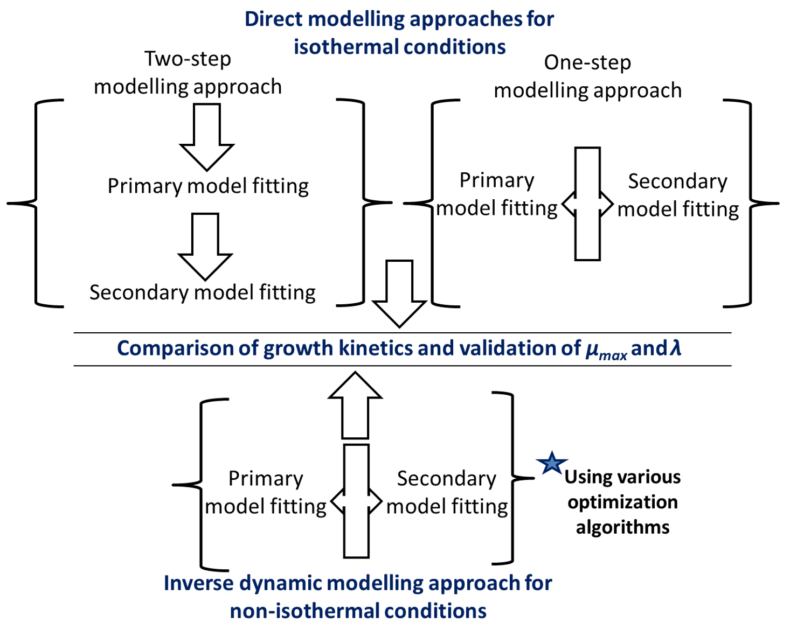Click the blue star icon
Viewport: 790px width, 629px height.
(552, 463)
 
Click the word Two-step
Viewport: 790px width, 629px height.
(188, 59)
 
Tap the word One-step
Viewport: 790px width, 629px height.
(587, 63)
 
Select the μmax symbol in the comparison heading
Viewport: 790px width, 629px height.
(606, 350)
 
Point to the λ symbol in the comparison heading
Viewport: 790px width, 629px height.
(675, 347)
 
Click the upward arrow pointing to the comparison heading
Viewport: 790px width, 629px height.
(355, 405)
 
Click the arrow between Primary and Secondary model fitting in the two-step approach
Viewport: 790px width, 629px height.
(205, 247)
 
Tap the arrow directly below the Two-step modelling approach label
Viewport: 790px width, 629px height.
(207, 137)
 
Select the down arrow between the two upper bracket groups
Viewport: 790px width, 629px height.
(399, 293)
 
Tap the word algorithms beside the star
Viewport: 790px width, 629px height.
(622, 528)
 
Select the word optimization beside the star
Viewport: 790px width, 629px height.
(622, 502)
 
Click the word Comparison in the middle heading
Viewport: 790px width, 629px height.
(175, 348)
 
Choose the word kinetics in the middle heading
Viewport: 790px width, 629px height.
(376, 348)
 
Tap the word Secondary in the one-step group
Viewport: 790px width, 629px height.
(678, 182)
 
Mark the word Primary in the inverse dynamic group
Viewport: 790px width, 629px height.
(266, 479)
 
